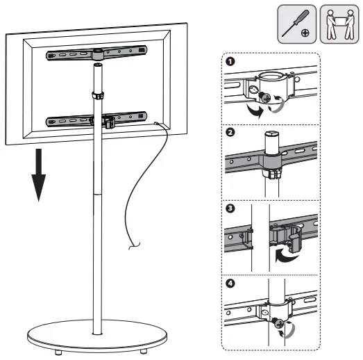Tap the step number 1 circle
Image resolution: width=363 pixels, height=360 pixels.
tap(229, 62)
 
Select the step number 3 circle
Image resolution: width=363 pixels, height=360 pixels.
tap(229, 208)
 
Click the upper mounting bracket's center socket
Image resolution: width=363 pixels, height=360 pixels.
tap(98, 54)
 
